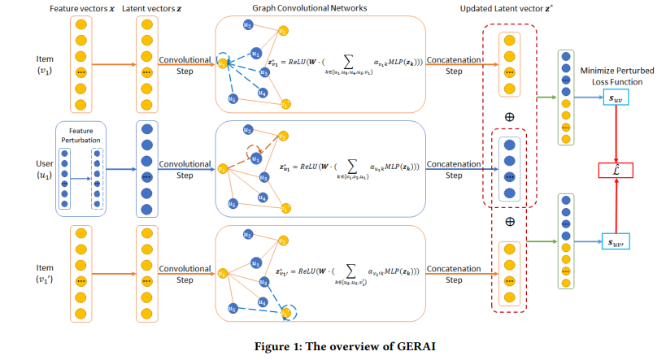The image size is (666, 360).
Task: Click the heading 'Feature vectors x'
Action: (82, 7)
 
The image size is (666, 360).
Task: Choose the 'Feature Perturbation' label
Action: (81, 134)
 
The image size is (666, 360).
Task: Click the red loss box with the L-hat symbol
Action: (616, 170)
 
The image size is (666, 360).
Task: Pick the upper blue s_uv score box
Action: (616, 98)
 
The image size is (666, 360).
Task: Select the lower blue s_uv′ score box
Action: (616, 241)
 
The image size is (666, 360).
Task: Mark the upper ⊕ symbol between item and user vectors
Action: (510, 116)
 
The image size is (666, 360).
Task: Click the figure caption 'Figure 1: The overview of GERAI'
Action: (332, 346)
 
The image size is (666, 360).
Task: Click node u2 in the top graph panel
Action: (247, 26)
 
